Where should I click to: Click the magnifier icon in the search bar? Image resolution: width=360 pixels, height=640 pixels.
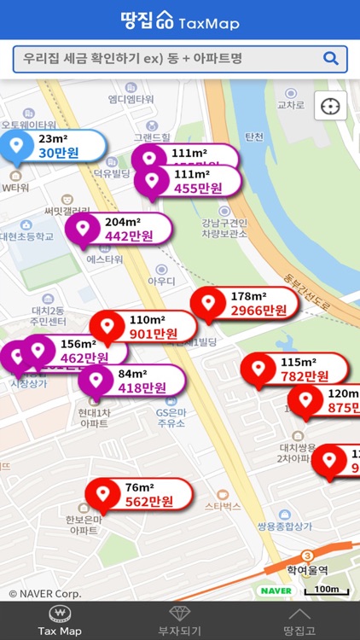point(331,59)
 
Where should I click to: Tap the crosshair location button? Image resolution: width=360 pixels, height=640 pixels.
point(331,106)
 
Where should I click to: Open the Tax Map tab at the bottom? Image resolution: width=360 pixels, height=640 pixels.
point(60,620)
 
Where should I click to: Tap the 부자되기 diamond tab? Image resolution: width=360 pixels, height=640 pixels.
point(180,620)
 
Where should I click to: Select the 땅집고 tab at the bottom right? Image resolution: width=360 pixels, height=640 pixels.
point(299,620)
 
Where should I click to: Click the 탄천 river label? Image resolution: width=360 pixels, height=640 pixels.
point(254,137)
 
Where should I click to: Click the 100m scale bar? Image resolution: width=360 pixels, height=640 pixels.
point(327,590)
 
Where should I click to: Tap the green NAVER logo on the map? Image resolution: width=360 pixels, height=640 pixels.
point(276,591)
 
